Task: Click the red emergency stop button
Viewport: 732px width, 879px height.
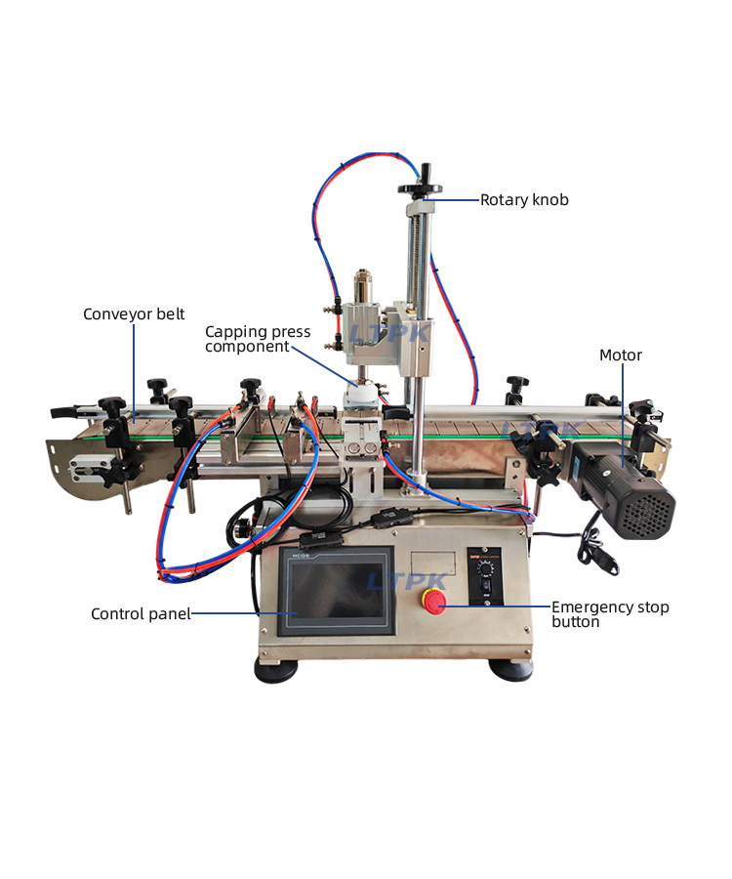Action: click(433, 603)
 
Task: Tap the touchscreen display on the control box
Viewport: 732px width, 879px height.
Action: click(336, 593)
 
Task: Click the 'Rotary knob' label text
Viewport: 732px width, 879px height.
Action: click(524, 200)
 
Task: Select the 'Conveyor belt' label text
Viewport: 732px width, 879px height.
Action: click(134, 314)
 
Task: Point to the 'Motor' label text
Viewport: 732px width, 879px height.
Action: click(621, 356)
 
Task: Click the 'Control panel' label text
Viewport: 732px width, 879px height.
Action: click(141, 614)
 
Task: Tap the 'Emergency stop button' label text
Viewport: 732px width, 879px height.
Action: click(610, 614)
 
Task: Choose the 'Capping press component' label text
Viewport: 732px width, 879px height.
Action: click(258, 339)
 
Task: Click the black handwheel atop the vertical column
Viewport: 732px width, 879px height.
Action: click(420, 189)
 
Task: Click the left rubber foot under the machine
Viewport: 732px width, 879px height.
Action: click(276, 670)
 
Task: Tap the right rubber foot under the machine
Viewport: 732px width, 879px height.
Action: click(510, 670)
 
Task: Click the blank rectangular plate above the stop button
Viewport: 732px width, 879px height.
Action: click(432, 564)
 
